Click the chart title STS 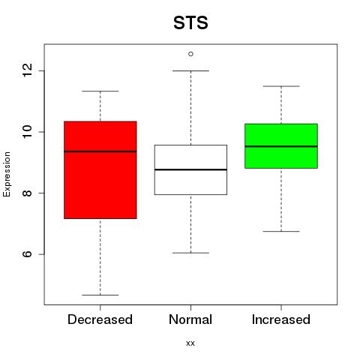190,22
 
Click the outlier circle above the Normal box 190,54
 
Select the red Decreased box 100,170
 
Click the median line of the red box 100,151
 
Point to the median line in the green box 281,146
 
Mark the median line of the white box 190,169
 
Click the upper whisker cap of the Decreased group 100,91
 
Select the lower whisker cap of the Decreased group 100,295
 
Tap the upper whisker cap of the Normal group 190,70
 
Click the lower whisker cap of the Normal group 190,253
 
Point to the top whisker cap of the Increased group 281,86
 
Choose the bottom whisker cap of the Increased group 281,231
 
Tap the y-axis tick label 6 27,254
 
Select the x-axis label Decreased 100,319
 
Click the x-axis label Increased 281,319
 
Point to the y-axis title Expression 7,174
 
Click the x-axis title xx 190,343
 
